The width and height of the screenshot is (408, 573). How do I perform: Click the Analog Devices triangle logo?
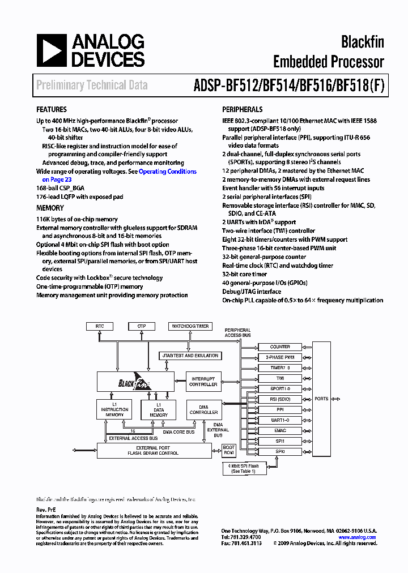(x=51, y=50)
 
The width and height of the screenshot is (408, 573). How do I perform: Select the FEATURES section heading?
(x=52, y=109)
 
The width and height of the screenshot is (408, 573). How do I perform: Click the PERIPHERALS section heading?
(x=242, y=109)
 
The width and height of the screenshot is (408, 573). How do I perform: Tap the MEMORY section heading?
(x=50, y=208)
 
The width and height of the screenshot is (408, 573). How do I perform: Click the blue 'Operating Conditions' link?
(x=168, y=172)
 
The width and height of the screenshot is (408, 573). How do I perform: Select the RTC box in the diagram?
(x=100, y=326)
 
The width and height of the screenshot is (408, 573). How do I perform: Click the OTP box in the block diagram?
(x=141, y=326)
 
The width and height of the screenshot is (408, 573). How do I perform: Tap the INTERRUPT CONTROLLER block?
(x=203, y=382)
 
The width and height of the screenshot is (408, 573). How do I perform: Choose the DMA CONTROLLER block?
(x=203, y=409)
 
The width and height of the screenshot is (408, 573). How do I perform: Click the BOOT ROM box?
(x=229, y=451)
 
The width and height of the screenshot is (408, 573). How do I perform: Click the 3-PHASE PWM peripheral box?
(x=280, y=357)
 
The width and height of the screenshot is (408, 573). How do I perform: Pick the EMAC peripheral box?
(x=280, y=431)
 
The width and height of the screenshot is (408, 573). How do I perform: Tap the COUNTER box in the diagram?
(x=280, y=347)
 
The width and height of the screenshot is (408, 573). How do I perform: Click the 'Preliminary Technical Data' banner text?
(x=92, y=85)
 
